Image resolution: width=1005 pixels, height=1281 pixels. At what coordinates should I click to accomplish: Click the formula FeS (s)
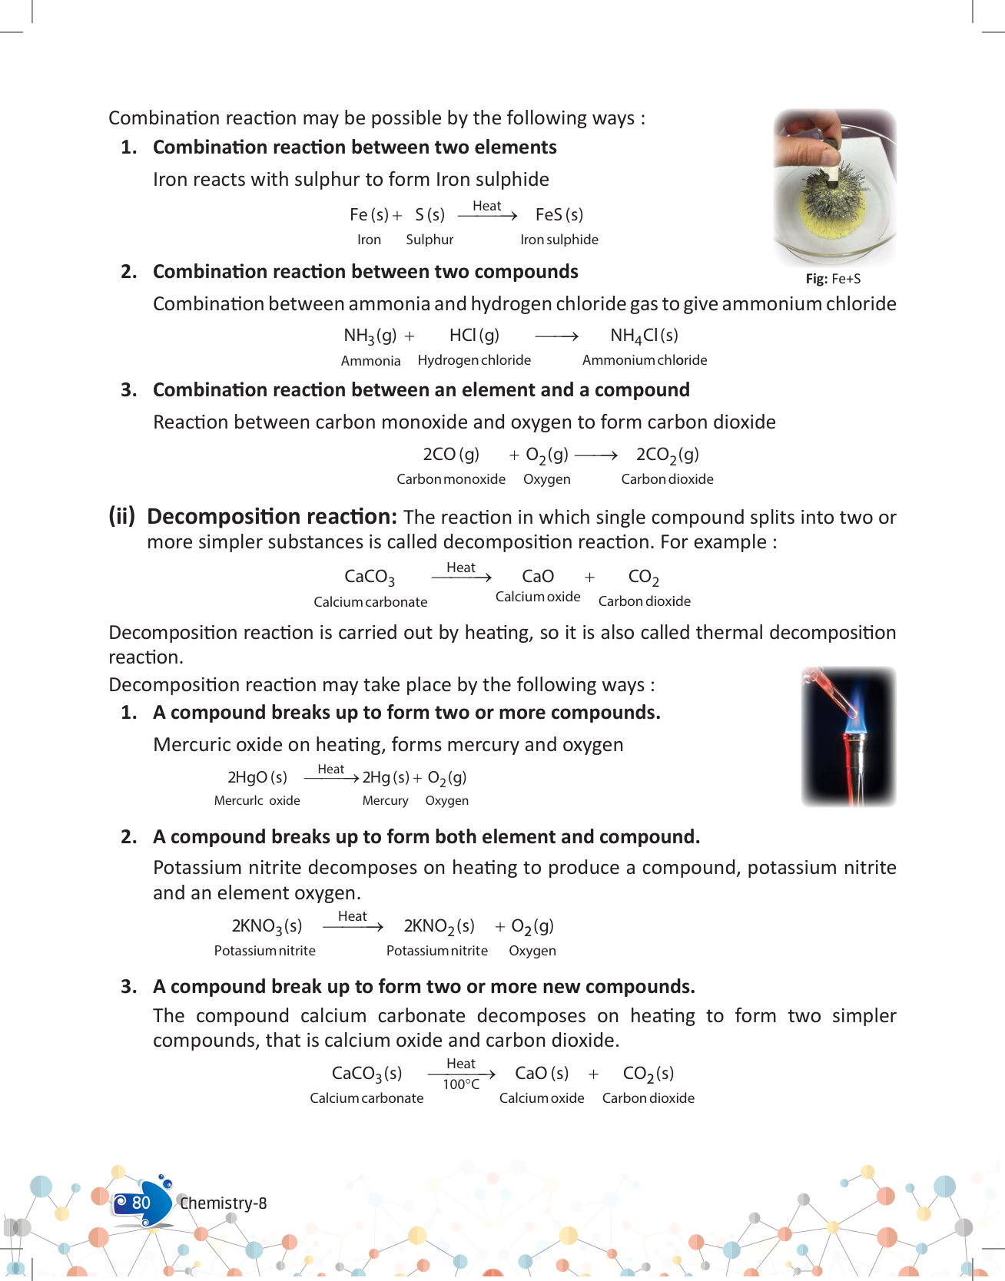[559, 215]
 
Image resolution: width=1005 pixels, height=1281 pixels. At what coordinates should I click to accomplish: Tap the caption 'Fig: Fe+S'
[833, 279]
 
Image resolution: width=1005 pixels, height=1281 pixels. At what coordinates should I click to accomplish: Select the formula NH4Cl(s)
[644, 336]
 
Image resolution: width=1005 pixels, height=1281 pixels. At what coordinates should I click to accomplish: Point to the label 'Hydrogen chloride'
[474, 360]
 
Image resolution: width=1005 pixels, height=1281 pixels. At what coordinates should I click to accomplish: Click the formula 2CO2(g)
[667, 455]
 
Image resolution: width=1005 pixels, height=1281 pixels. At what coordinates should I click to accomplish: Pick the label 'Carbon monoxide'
[450, 479]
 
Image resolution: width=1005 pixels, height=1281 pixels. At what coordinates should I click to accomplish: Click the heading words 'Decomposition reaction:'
[272, 517]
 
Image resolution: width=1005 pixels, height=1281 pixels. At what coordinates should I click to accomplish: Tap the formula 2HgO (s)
[257, 777]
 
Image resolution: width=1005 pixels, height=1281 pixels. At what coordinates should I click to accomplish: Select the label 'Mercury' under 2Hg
[385, 801]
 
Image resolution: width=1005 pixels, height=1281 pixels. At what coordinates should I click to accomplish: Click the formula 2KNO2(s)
[439, 926]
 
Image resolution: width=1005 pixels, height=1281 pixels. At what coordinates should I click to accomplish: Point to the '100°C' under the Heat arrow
[461, 1084]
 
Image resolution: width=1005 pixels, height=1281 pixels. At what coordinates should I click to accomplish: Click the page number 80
[141, 1203]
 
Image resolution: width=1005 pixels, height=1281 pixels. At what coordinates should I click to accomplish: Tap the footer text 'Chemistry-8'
[224, 1203]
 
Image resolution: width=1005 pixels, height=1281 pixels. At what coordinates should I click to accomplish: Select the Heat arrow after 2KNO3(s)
[353, 925]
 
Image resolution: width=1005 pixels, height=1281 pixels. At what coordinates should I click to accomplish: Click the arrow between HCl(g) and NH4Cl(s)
[556, 336]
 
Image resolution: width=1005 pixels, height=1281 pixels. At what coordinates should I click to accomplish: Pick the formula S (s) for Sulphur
[430, 215]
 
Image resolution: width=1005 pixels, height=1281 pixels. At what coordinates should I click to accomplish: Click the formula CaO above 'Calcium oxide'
[538, 577]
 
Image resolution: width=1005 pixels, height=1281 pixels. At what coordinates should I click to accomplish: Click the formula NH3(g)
[370, 336]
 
